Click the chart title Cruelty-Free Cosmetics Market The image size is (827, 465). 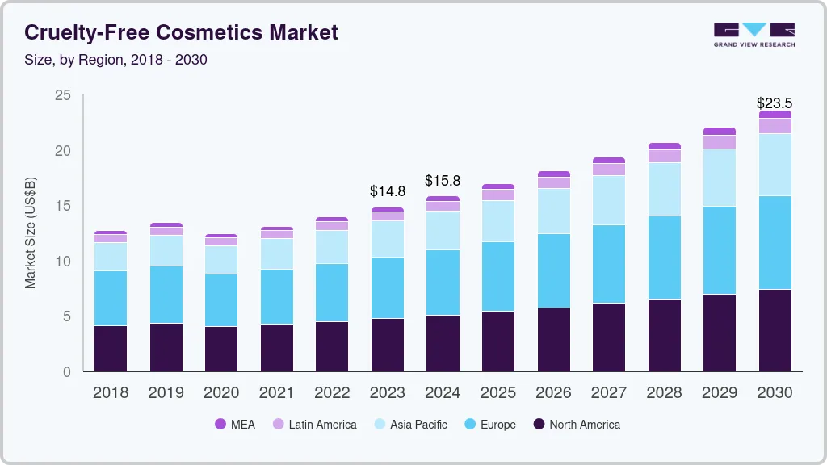[x=181, y=32]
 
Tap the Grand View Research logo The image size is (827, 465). [x=754, y=34]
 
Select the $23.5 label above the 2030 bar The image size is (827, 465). [x=774, y=103]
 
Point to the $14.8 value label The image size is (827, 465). [x=388, y=191]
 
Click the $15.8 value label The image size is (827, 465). [x=443, y=180]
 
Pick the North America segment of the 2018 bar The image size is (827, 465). [x=111, y=348]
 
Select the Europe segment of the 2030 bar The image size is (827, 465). [x=775, y=242]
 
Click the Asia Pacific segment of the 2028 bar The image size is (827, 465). [x=664, y=189]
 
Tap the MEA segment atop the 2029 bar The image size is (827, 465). [x=719, y=131]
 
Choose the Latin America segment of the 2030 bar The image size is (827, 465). [x=775, y=126]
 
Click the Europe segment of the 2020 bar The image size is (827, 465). [x=221, y=300]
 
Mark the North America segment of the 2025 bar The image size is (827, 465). [x=497, y=341]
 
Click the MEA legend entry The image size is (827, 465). [x=235, y=425]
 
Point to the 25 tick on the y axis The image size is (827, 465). [x=62, y=96]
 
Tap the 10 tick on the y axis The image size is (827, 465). [x=62, y=262]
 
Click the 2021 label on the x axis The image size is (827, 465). [x=276, y=393]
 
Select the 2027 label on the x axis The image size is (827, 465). [x=608, y=393]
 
